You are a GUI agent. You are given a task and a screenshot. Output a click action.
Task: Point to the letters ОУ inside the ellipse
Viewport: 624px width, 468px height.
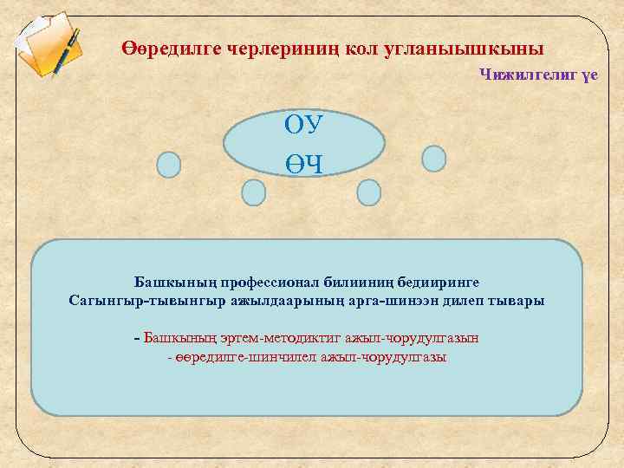coord(304,125)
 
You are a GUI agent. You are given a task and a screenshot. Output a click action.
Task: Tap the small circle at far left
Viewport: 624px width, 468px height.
coord(168,165)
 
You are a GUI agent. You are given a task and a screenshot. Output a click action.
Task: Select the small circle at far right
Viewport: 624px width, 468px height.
coord(433,159)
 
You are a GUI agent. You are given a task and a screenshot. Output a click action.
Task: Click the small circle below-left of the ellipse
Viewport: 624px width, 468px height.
coord(253,192)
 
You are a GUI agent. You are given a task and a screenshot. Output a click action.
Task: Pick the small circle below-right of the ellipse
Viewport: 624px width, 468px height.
coord(369,192)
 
